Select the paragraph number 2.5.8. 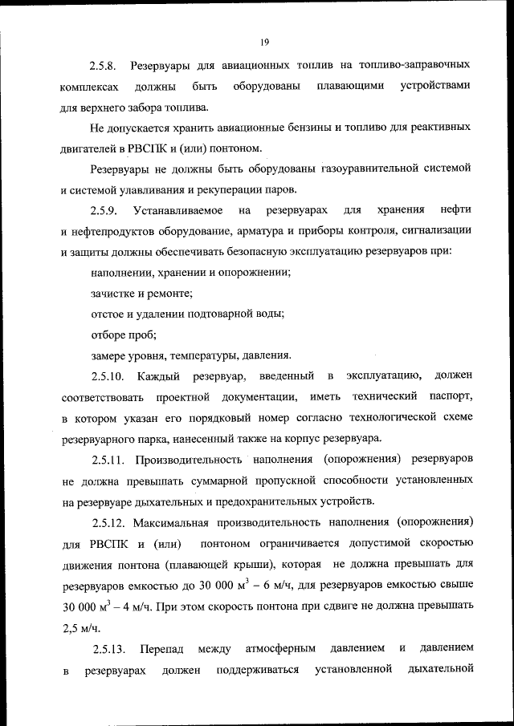click(104, 63)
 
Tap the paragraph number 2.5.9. click(104, 210)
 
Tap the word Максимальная click(174, 522)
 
